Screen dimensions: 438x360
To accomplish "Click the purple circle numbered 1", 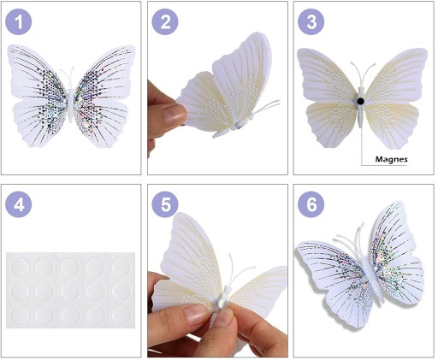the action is coord(19,21).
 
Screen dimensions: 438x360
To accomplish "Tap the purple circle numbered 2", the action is coord(165,21).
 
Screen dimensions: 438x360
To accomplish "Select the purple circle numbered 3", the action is coord(311,21).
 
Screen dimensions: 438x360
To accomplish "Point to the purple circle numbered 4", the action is coord(19,204).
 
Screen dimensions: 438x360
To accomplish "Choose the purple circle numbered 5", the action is coord(165,204).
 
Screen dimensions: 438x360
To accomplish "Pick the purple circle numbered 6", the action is coord(311,204).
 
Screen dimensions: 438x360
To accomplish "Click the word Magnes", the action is coord(391,159).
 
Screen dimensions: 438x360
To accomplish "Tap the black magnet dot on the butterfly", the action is coord(361,101).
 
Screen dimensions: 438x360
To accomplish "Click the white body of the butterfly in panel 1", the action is coord(71,105).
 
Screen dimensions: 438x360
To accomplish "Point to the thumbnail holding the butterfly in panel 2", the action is coord(175,114).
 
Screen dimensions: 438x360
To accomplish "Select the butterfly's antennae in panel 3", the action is coord(361,74).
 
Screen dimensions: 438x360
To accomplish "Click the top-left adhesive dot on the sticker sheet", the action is coord(20,267).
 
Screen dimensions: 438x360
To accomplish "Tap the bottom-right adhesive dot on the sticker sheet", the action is coord(121,316).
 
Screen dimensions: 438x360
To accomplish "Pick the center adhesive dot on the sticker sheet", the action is coord(70,291).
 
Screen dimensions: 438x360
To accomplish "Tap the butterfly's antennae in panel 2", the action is coord(267,106).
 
